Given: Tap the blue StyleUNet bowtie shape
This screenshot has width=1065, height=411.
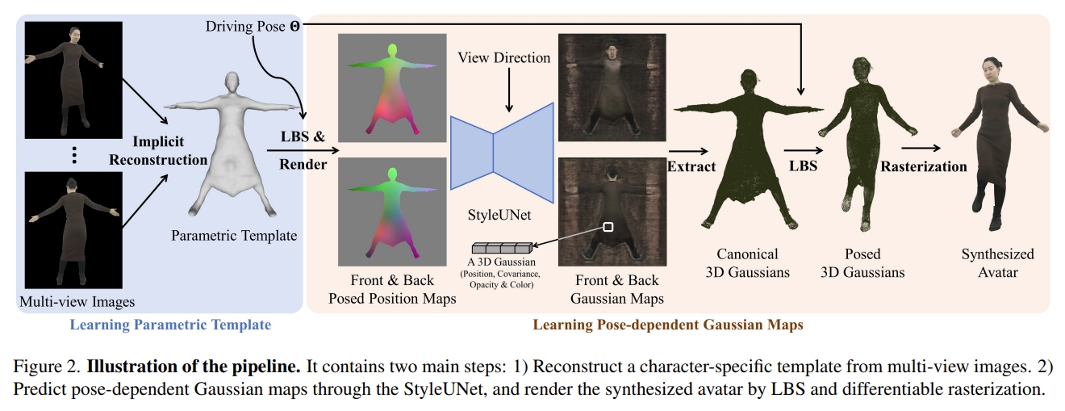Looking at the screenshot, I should coord(502,153).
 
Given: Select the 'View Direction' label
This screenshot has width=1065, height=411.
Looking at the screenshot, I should coord(504,58).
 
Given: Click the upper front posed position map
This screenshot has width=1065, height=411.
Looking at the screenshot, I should coord(393,89).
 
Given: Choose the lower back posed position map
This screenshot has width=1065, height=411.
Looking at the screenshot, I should coord(393,212).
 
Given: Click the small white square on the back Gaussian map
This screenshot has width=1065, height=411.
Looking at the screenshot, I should coord(608,228).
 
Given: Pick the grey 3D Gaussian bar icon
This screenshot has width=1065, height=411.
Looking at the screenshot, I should coord(502,247).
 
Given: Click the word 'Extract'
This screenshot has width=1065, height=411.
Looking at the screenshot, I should coord(691,166).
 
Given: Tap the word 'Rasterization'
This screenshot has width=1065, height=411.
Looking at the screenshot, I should coord(924,166).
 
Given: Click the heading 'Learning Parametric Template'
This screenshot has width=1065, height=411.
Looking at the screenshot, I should coord(170,325).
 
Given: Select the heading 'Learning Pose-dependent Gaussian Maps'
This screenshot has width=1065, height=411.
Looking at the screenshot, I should coord(667,325).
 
